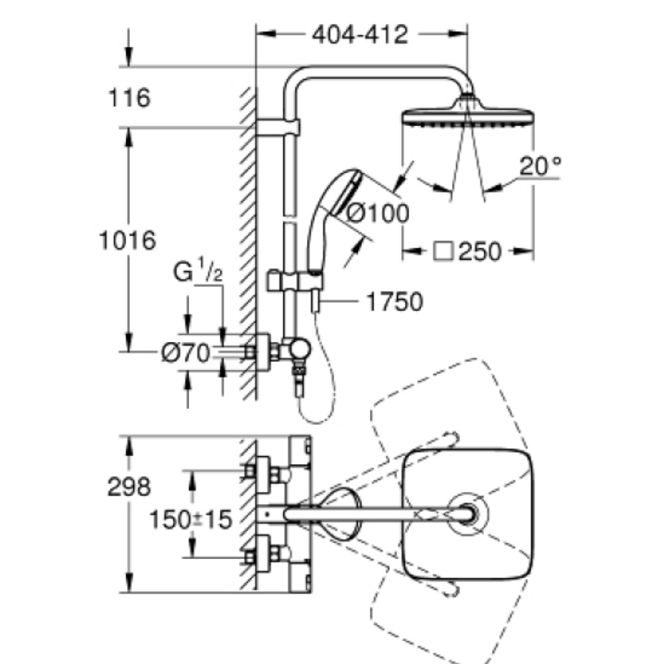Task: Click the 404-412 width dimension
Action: (360, 35)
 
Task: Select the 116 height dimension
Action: (129, 98)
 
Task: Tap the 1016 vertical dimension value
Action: (127, 240)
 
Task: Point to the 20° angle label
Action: (540, 166)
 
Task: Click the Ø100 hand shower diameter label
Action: (378, 212)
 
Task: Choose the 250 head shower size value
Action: (480, 252)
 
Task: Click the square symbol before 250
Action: (444, 252)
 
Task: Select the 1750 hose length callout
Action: (394, 302)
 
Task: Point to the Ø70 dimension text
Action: (186, 353)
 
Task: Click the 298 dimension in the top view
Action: (129, 487)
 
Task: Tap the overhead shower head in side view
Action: (467, 113)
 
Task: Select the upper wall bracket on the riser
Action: (278, 127)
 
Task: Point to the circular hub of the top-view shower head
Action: (468, 514)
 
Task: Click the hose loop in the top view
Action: (340, 514)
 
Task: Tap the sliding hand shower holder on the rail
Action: (295, 282)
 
